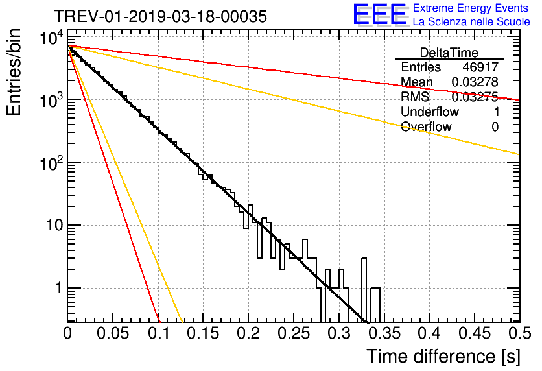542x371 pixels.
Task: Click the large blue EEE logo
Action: pos(379,16)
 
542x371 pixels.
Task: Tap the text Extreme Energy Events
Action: pos(471,8)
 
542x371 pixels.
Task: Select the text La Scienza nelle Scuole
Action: pos(471,22)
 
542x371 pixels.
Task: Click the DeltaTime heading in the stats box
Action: pos(449,52)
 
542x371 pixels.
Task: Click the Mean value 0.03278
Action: pos(475,82)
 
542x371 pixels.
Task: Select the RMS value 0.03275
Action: pos(475,97)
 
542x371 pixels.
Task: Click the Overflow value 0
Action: pos(495,127)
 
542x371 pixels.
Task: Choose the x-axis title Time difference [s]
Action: pos(443,356)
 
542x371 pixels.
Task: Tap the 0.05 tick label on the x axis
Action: pos(113,333)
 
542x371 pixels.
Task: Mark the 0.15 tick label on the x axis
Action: pos(203,333)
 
